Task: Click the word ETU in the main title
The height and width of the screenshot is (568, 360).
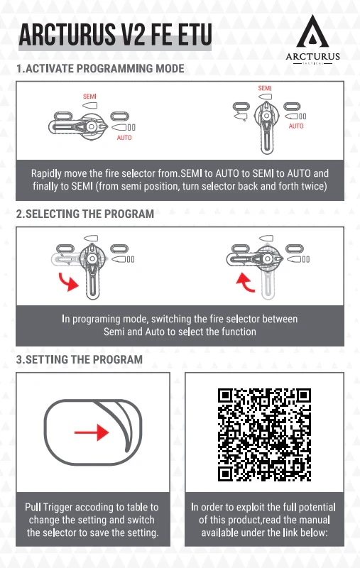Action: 193,35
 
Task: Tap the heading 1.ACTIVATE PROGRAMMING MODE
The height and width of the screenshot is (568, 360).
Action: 100,68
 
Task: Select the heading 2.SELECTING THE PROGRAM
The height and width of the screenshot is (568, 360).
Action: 85,214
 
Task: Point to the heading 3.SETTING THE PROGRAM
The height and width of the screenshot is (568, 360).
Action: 80,359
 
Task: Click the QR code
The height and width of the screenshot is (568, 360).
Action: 264,435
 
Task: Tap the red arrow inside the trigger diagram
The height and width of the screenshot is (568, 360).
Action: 92,432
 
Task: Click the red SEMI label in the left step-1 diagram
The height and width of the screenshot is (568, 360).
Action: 89,97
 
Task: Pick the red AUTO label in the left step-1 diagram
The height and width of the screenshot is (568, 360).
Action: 124,138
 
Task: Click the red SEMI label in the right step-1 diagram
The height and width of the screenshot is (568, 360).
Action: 265,88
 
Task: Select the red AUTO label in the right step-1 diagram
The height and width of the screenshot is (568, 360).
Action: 296,126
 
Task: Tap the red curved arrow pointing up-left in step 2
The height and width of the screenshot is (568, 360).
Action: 246,283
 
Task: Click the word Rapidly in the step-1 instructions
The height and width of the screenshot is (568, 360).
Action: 46,173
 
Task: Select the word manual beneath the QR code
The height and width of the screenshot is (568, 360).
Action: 316,520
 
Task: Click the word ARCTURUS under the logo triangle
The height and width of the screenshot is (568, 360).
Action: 312,57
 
